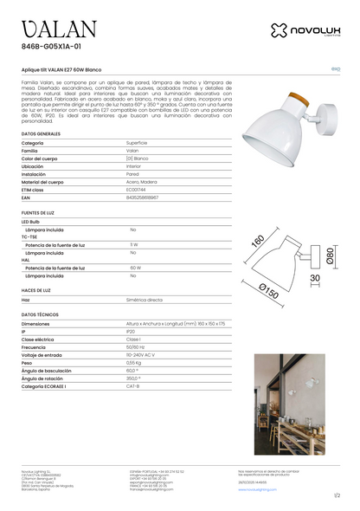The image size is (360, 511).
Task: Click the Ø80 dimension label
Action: (330, 256)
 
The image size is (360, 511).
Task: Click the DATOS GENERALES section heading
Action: (41, 135)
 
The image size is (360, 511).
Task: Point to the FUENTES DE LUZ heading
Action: (40, 211)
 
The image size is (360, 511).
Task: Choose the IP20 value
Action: (131, 331)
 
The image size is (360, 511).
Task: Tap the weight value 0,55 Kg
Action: (134, 362)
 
